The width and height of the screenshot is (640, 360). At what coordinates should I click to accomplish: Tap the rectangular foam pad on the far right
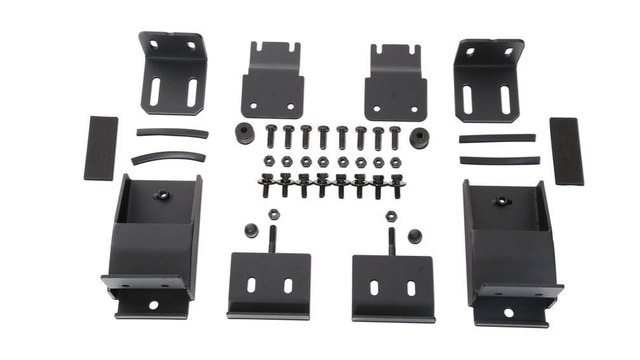(x=567, y=150)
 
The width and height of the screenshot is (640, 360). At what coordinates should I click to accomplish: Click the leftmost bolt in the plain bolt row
(x=269, y=135)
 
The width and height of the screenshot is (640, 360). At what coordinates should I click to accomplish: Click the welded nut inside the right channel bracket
(x=502, y=201)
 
